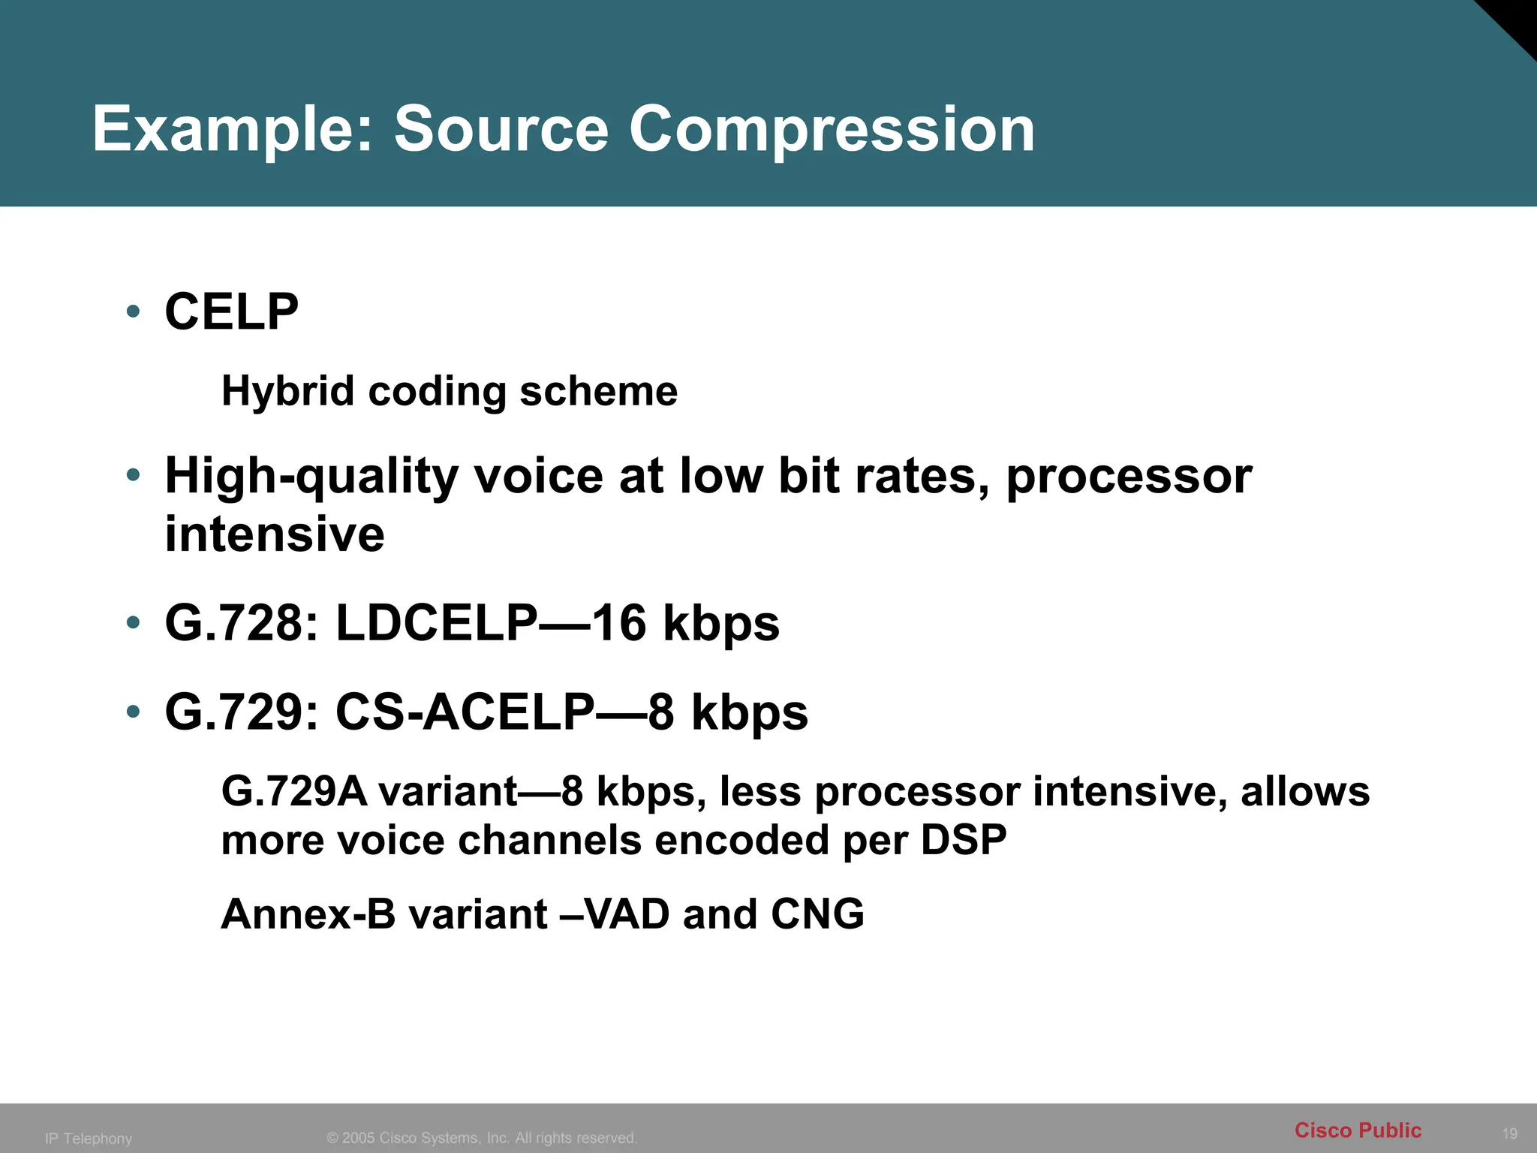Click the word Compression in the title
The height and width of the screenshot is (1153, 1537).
coord(832,129)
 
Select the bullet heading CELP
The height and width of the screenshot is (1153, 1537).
coord(231,312)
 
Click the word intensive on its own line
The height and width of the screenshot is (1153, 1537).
coord(275,534)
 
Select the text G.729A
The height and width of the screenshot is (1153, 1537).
coord(294,792)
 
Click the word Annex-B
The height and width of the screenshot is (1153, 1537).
coord(308,914)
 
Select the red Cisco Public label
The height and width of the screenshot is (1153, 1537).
coord(1358,1130)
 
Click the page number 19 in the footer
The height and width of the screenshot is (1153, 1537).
coord(1509,1133)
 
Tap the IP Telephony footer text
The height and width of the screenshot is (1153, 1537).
coord(89,1138)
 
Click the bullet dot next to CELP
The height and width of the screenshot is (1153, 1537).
coord(134,311)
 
